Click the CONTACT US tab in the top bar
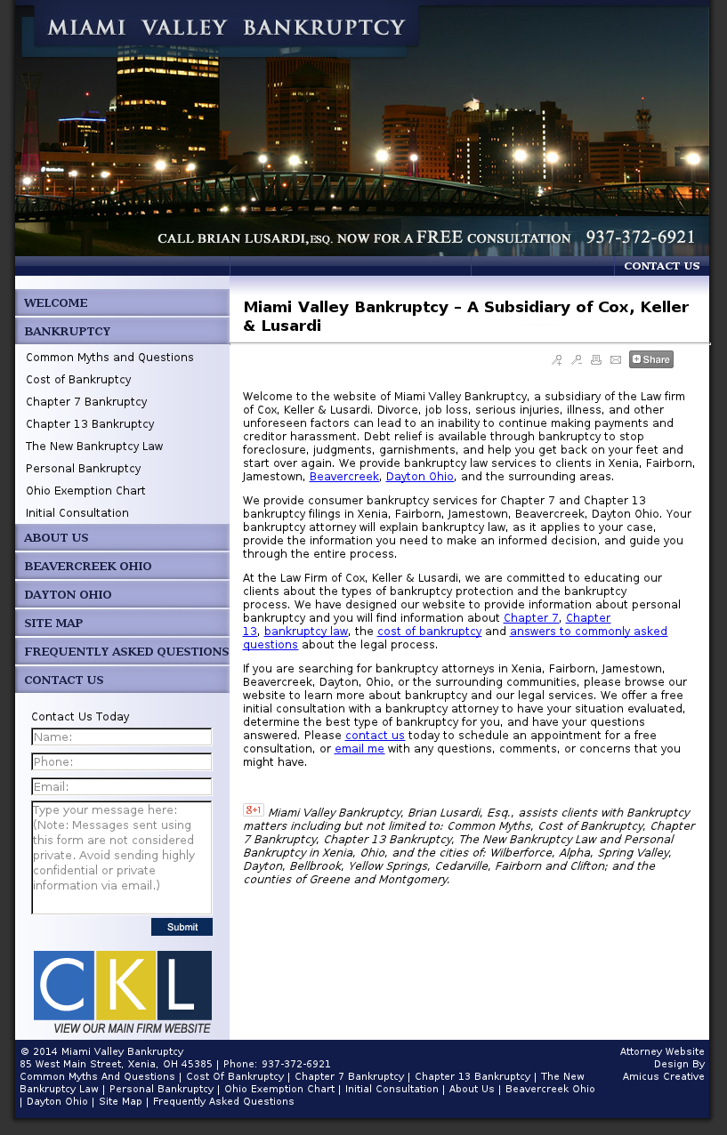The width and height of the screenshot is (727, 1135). [x=661, y=266]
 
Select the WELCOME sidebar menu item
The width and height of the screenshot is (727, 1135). [x=56, y=303]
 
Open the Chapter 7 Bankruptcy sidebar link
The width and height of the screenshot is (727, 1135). [x=86, y=402]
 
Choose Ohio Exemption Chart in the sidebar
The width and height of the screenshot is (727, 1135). [x=85, y=491]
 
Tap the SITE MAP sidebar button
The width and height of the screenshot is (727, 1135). [x=53, y=624]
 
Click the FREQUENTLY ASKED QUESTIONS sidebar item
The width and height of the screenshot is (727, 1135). [x=125, y=652]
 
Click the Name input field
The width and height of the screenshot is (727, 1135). [x=122, y=737]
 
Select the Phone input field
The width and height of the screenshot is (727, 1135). [x=122, y=762]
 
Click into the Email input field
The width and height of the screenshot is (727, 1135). [x=122, y=787]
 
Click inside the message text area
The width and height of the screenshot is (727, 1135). [x=122, y=857]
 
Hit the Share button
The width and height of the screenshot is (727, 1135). [x=650, y=359]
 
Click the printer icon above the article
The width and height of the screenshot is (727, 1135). [x=596, y=360]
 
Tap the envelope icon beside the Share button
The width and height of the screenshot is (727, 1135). [x=616, y=360]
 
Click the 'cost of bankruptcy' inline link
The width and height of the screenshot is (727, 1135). [x=429, y=632]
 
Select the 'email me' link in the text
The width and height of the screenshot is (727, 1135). [x=359, y=749]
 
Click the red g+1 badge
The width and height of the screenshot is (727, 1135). [x=254, y=810]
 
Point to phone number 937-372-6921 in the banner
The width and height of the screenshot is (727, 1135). [x=640, y=237]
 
